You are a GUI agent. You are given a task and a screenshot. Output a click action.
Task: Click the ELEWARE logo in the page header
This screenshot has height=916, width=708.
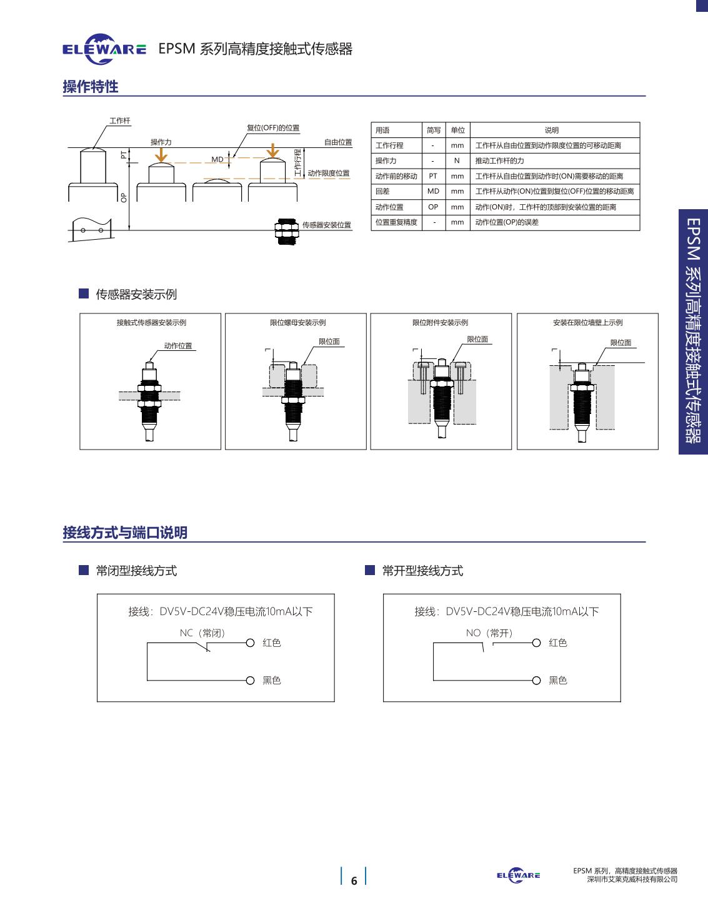104,49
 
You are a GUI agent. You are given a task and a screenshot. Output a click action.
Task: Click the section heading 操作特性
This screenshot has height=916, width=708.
91,87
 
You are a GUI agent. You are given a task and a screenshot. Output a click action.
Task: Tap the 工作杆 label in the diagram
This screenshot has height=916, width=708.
120,121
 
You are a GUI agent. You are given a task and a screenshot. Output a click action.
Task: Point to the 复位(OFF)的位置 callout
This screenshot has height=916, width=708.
273,128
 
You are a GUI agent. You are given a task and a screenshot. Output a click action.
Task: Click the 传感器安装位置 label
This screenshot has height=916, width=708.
326,225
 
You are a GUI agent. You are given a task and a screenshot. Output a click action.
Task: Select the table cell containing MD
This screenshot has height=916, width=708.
433,191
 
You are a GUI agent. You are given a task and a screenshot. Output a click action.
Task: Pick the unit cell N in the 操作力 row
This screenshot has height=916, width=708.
457,160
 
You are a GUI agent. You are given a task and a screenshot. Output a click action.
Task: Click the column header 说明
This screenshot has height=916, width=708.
551,130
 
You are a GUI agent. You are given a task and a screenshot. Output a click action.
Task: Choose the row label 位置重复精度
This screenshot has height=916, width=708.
396,222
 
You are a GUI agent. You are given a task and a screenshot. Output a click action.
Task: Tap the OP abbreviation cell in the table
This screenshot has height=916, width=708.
433,207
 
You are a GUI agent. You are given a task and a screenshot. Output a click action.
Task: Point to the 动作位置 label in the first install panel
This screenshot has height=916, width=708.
178,345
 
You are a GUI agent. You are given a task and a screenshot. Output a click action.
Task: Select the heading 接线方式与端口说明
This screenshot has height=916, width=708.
125,533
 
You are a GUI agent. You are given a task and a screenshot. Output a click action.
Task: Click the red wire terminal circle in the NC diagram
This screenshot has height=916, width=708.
250,643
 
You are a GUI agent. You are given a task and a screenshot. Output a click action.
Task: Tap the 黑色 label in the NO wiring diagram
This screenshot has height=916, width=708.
557,680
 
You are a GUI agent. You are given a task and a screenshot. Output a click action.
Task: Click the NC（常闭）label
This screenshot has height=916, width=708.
202,633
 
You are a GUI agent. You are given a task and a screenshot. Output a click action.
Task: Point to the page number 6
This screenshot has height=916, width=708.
354,881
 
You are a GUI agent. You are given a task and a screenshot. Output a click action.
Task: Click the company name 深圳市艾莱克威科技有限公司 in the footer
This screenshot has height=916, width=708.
632,879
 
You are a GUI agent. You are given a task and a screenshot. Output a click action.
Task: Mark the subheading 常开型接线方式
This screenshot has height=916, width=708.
422,570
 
